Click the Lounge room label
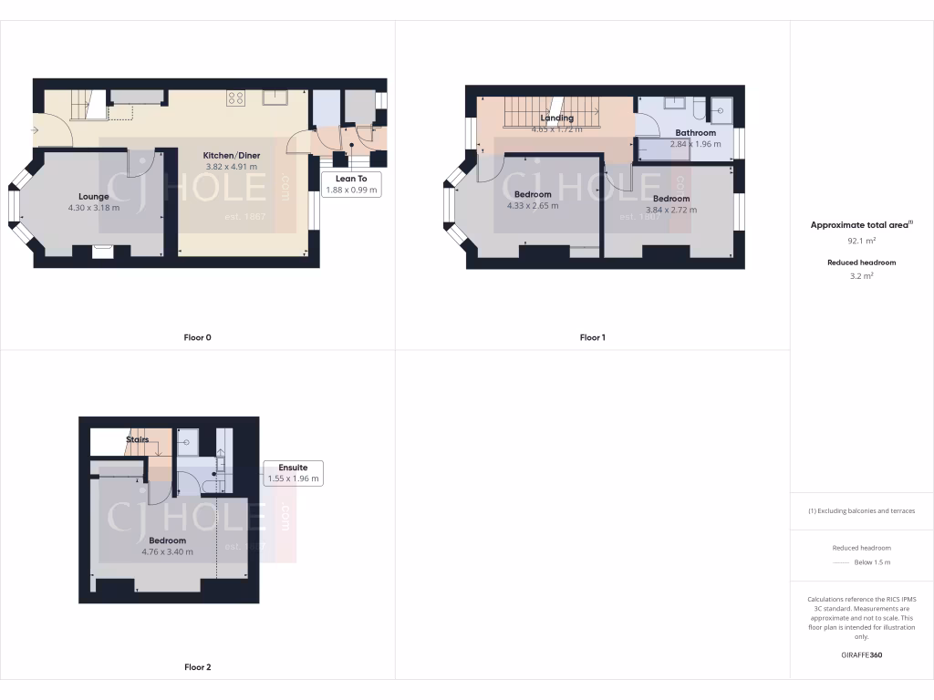point(94,196)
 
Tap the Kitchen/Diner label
point(231,155)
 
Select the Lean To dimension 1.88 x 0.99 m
point(351,190)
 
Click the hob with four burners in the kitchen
point(235,98)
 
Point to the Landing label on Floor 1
point(556,118)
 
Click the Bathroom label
point(695,132)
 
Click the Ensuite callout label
point(293,468)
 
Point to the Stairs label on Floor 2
point(138,439)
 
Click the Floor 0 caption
point(197,337)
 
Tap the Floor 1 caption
point(592,337)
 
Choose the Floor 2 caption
point(197,667)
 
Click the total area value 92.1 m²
point(862,242)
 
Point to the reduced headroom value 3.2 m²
point(862,275)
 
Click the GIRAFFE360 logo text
point(862,655)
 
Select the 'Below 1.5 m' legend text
point(873,562)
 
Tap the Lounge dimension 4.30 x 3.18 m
point(94,208)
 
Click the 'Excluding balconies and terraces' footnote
point(862,510)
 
